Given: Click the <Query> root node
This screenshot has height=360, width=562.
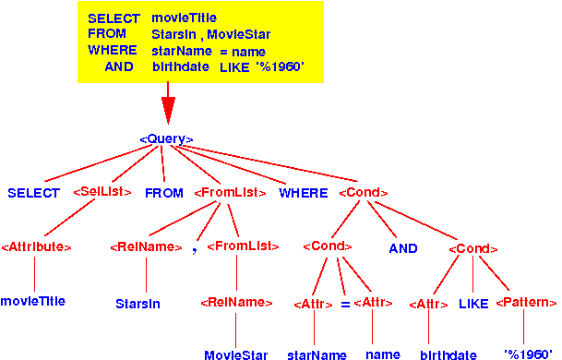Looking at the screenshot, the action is (166, 138).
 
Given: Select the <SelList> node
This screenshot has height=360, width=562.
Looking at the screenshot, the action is (98, 193).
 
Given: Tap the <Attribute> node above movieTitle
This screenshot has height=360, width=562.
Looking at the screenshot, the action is (36, 247).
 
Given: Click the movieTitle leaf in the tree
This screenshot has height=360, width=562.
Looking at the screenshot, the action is (33, 301).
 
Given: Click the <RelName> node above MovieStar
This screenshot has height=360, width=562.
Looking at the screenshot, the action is (236, 302).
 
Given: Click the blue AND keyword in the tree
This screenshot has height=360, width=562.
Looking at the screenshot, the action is (402, 248).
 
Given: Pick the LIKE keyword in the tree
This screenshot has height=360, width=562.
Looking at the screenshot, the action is (474, 303).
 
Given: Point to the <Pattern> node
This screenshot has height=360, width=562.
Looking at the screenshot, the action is (527, 303).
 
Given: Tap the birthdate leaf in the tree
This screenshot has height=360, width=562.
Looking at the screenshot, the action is (448, 354).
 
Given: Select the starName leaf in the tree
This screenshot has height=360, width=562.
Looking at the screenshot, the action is (317, 354).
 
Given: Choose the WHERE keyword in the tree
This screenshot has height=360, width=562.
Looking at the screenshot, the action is (303, 193).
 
